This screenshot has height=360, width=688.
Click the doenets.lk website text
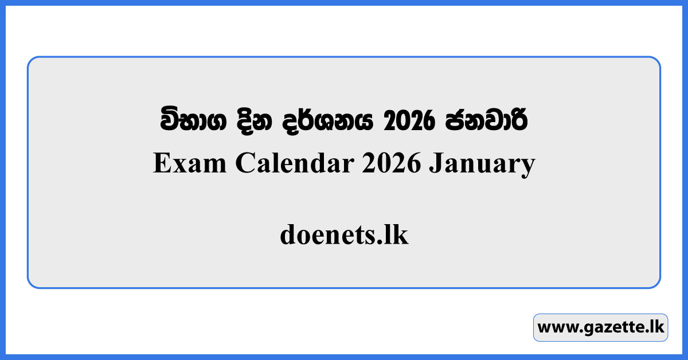click(x=344, y=235)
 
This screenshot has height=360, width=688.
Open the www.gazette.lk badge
click(x=600, y=327)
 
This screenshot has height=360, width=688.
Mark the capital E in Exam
click(x=161, y=165)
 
